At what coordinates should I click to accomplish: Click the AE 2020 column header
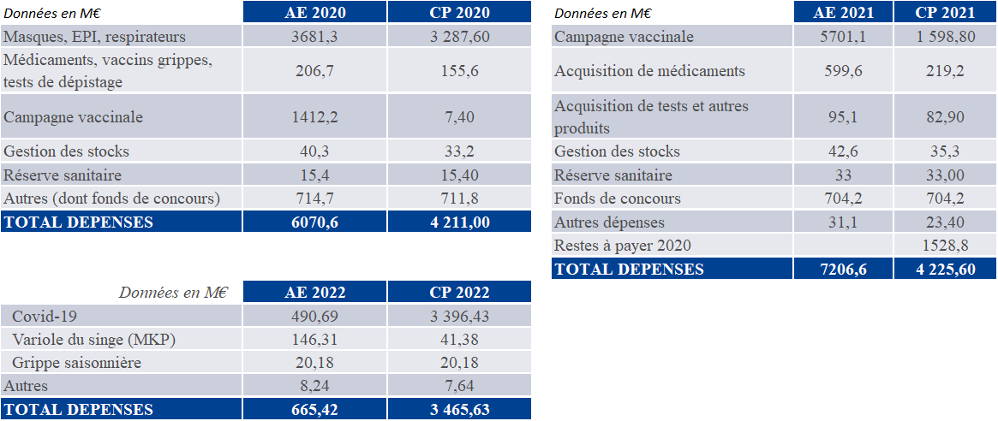[314, 12]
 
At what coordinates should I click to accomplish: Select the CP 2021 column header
[945, 12]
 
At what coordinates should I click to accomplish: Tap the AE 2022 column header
[314, 292]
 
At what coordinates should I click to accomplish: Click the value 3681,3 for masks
[314, 37]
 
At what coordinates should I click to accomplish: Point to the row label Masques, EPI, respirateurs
[94, 37]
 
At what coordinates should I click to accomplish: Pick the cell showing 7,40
[459, 117]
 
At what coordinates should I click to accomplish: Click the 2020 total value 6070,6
[314, 222]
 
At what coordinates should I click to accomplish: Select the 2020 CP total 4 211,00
[459, 222]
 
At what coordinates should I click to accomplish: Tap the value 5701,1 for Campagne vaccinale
[843, 37]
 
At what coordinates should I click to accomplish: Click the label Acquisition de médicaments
[649, 71]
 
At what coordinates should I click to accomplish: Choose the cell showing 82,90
[945, 117]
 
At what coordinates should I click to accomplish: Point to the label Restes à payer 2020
[623, 246]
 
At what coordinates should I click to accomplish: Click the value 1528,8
[945, 246]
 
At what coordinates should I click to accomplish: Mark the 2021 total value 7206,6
[843, 269]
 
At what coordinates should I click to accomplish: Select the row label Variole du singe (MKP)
[93, 340]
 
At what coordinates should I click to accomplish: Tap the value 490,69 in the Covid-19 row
[314, 317]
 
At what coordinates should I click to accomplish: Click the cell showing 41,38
[459, 340]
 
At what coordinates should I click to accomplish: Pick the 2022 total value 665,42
[314, 409]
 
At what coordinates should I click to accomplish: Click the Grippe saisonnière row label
[76, 363]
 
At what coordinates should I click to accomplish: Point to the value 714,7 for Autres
[314, 199]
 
